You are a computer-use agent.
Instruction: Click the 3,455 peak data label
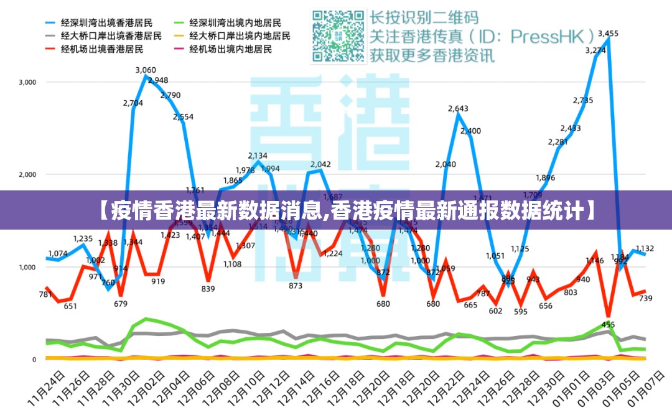[x=608, y=34]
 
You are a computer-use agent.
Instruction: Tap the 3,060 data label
[x=146, y=70]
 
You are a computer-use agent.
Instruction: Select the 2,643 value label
[x=458, y=109]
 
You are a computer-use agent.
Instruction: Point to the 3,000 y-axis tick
[x=27, y=82]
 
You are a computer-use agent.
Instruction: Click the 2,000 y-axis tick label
[x=27, y=175]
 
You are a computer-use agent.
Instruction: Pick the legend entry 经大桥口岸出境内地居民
[x=240, y=35]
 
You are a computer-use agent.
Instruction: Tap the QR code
[x=338, y=36]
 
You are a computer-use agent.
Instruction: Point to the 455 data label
[x=608, y=325]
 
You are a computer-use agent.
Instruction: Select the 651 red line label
[x=70, y=306]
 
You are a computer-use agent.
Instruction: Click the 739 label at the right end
[x=645, y=299]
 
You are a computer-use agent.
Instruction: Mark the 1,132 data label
[x=645, y=249]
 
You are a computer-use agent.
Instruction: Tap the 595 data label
[x=520, y=312]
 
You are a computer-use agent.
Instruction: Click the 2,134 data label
[x=258, y=156]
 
